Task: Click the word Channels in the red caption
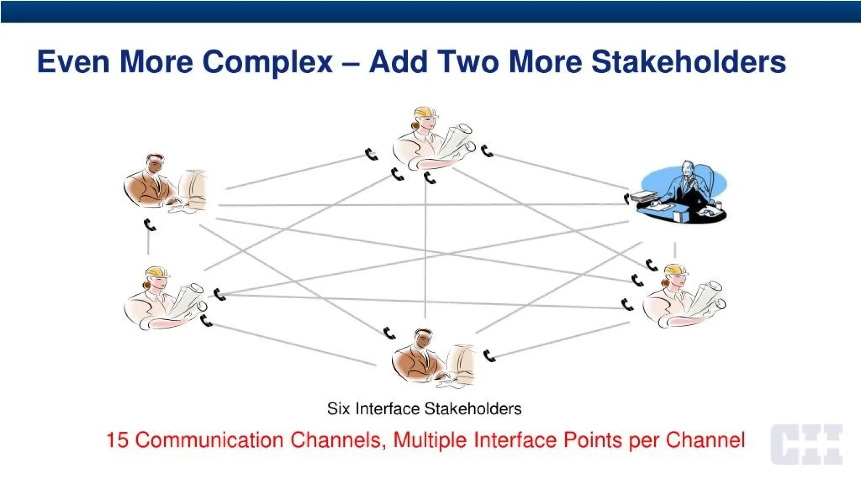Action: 336,440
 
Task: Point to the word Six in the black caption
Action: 338,409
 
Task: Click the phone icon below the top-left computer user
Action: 150,225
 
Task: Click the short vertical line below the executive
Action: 675,250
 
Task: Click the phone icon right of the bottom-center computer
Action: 489,356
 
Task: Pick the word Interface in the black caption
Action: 387,409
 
